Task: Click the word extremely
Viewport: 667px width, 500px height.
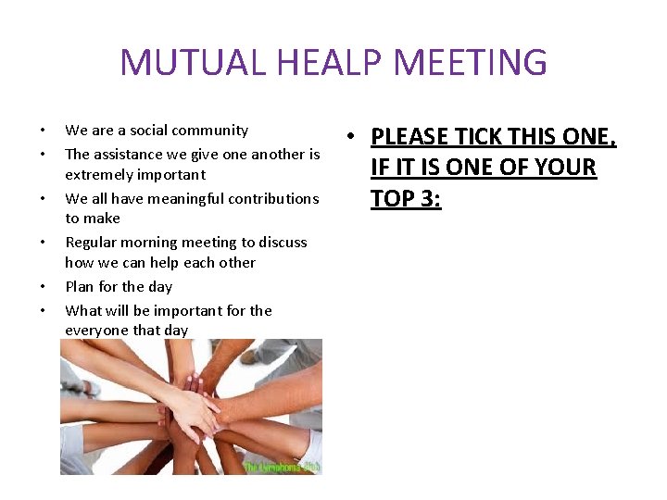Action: coord(103,174)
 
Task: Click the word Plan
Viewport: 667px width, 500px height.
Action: coord(81,287)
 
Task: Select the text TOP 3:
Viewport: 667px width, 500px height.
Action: coord(406,198)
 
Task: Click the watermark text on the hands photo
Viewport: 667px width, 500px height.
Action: coord(282,468)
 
